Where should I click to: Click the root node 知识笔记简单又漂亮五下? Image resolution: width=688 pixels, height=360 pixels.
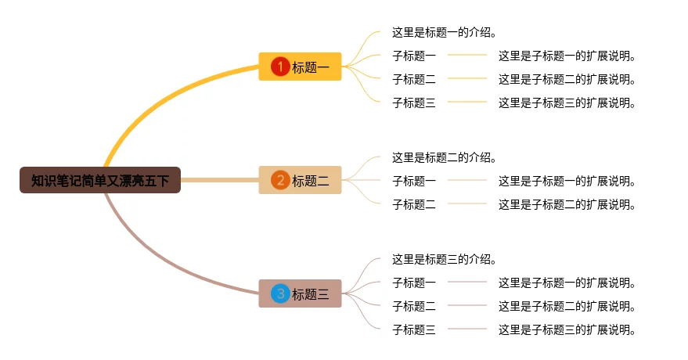[100, 181]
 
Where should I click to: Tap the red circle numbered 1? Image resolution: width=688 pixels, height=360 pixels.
[280, 67]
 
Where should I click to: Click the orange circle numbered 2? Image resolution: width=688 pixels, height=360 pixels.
[280, 181]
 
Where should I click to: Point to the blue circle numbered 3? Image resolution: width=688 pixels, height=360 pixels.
[280, 294]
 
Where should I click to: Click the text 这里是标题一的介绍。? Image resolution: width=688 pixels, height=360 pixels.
[445, 33]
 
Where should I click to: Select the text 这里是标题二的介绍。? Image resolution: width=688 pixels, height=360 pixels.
[445, 157]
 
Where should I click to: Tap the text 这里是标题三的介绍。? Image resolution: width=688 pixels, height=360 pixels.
[445, 259]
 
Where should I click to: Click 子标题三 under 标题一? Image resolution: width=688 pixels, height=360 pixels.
[414, 103]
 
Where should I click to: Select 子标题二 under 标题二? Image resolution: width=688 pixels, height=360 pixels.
[414, 204]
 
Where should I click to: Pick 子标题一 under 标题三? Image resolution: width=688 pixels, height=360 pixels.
[414, 283]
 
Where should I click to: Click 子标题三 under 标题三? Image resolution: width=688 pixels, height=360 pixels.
[414, 329]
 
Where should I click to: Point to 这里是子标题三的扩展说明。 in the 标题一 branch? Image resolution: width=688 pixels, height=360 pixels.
[567, 103]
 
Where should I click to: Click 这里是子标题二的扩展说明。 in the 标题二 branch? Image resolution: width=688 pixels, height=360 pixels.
[567, 204]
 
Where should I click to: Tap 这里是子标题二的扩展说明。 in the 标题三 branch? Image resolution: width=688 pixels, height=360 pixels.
[567, 306]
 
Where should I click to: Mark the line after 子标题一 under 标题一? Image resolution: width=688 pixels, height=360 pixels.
[467, 56]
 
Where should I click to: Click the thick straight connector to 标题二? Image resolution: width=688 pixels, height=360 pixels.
[219, 181]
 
